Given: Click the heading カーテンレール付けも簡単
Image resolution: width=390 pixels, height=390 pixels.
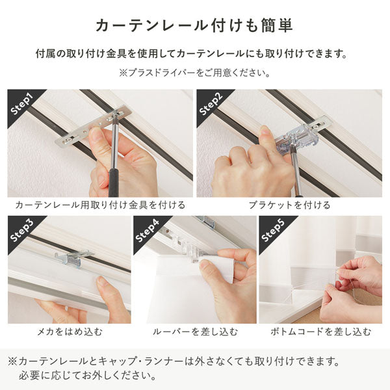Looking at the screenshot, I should [x=194, y=25].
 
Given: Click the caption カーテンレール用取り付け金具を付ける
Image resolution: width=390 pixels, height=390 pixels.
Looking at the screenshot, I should [x=100, y=205].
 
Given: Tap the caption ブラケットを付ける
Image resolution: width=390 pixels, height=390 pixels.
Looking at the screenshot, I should [x=289, y=205].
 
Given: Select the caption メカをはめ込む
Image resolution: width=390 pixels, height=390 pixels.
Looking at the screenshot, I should [x=69, y=331].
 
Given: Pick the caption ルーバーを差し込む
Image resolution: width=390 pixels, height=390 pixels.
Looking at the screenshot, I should [x=194, y=331].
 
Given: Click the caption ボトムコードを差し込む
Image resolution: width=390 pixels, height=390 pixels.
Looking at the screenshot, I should [x=320, y=331].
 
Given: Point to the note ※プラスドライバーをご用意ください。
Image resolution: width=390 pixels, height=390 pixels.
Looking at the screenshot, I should [x=194, y=73].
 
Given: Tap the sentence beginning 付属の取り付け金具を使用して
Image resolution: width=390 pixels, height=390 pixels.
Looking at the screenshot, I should [x=194, y=53].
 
